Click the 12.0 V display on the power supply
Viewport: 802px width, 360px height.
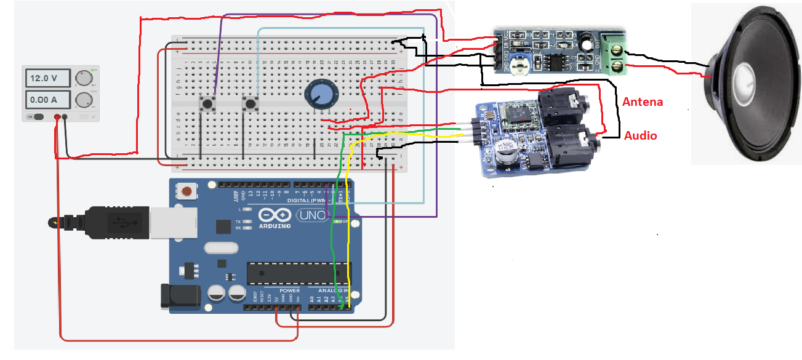45,78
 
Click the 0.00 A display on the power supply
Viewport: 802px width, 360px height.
45,100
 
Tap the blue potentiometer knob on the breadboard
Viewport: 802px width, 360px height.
320,95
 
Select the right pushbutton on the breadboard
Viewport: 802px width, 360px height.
250,103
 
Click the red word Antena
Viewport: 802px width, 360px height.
643,102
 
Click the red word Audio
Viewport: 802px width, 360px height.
641,135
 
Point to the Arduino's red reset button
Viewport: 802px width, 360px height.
186,193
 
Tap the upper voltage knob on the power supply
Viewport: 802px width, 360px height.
82,78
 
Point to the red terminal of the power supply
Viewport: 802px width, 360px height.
57,117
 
